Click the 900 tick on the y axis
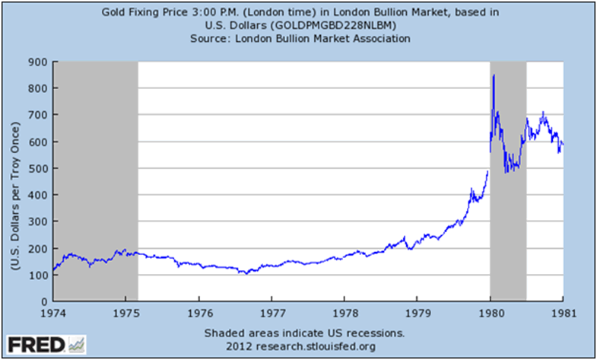pyautogui.click(x=39, y=62)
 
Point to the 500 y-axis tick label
pyautogui.click(x=39, y=168)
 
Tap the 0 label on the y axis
pyautogui.click(x=43, y=302)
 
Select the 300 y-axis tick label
pyautogui.click(x=39, y=221)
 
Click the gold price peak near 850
pyautogui.click(x=494, y=75)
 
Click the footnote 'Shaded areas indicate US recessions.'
pyautogui.click(x=304, y=333)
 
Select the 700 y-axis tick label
pyautogui.click(x=39, y=115)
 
